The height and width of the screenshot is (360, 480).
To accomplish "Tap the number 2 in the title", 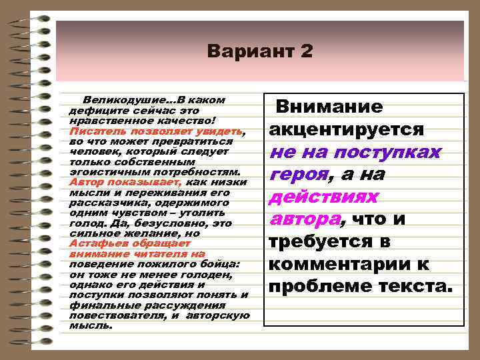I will click(x=305, y=51).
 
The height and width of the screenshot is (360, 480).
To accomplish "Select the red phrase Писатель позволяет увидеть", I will click(x=155, y=132).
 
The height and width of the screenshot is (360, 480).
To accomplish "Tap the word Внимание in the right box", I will click(x=329, y=107).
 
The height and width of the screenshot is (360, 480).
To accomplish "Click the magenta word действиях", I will click(x=323, y=197).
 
